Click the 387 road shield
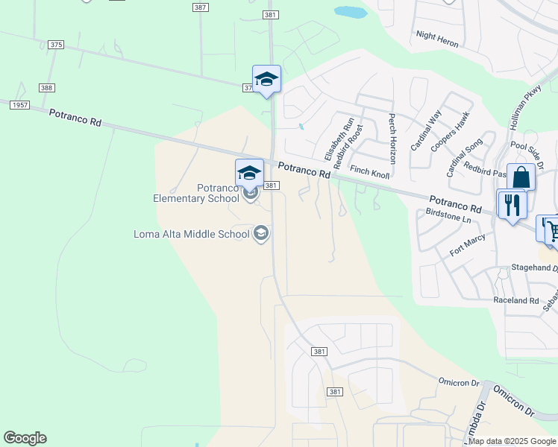click(199, 7)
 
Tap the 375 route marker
click(56, 45)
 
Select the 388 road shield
click(47, 88)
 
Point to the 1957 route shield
click(20, 105)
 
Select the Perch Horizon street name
click(391, 139)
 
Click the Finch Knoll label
click(370, 172)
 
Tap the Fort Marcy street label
click(468, 246)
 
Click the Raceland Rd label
click(515, 300)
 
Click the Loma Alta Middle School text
click(191, 234)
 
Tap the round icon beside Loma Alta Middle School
click(261, 234)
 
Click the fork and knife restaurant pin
click(512, 204)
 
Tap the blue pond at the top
click(350, 12)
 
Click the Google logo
click(25, 438)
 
